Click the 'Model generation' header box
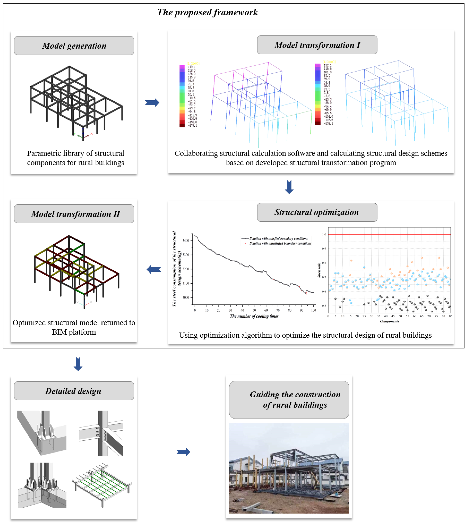(x=74, y=46)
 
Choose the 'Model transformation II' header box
(x=74, y=214)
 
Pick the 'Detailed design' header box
(x=74, y=391)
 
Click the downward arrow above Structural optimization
(x=289, y=187)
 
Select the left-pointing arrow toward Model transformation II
(x=154, y=269)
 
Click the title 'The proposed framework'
(x=207, y=12)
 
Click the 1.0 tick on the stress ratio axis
(x=324, y=234)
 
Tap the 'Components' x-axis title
(x=389, y=321)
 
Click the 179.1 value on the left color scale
(x=191, y=67)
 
